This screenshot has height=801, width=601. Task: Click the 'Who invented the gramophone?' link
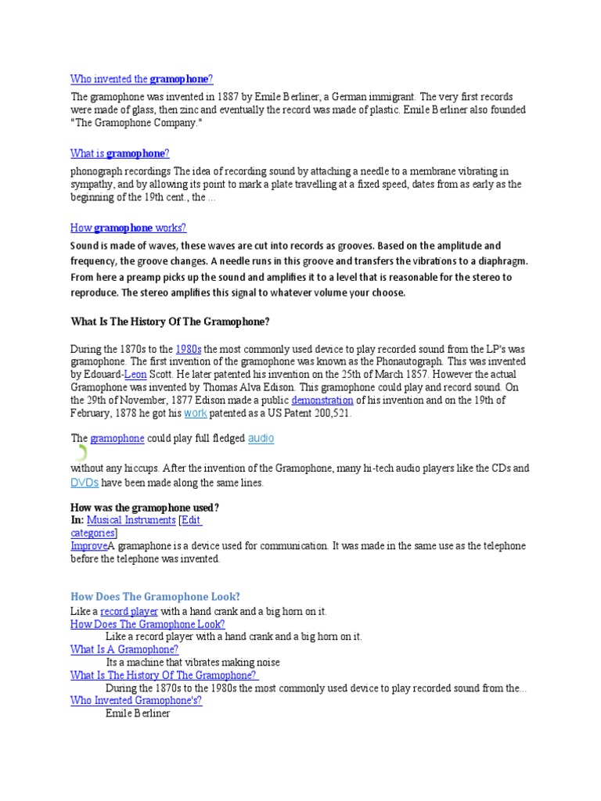(142, 79)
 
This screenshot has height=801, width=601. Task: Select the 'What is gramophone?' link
(120, 153)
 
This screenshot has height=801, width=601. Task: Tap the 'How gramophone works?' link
(128, 228)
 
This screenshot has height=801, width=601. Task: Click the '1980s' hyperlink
(189, 349)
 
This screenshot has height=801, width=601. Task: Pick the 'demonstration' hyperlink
(322, 400)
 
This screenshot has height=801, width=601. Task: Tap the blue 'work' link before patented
(195, 413)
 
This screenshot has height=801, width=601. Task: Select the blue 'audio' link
(261, 438)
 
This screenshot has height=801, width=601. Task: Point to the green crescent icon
(81, 452)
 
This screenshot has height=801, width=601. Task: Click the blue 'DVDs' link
(85, 483)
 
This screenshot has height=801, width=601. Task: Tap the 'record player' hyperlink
(129, 611)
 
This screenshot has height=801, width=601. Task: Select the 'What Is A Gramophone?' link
(124, 649)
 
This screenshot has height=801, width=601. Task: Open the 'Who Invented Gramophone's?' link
(136, 700)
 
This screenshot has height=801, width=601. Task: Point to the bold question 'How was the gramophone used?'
(145, 507)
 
